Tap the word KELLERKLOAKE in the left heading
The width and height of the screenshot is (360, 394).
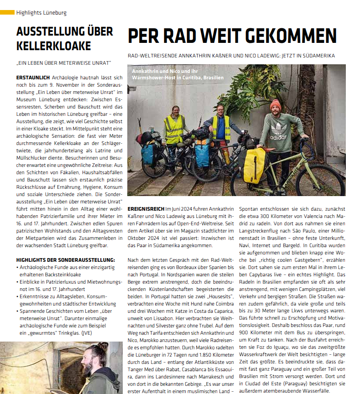click(x=54, y=46)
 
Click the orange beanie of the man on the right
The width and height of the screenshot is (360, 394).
click(x=276, y=105)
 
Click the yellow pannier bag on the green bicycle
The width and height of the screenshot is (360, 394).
click(x=254, y=165)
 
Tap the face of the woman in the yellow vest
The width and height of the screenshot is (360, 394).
click(x=176, y=111)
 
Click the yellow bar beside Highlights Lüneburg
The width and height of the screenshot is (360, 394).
click(x=7, y=12)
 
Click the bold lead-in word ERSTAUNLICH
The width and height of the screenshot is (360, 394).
click(x=33, y=78)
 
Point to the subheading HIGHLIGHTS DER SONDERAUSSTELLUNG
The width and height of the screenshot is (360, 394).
click(x=65, y=260)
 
